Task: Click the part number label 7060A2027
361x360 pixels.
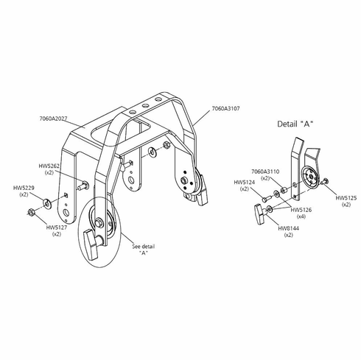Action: click(53, 119)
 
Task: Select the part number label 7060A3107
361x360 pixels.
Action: click(225, 108)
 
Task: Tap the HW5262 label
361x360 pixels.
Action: click(49, 166)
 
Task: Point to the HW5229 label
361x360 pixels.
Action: click(24, 188)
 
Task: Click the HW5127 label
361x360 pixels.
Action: click(57, 227)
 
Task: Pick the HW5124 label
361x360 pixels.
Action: click(245, 183)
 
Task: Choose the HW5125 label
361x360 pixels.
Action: click(346, 198)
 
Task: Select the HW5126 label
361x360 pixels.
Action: click(301, 210)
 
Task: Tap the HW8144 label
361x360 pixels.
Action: click(289, 228)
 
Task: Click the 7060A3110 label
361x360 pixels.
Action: click(265, 172)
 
